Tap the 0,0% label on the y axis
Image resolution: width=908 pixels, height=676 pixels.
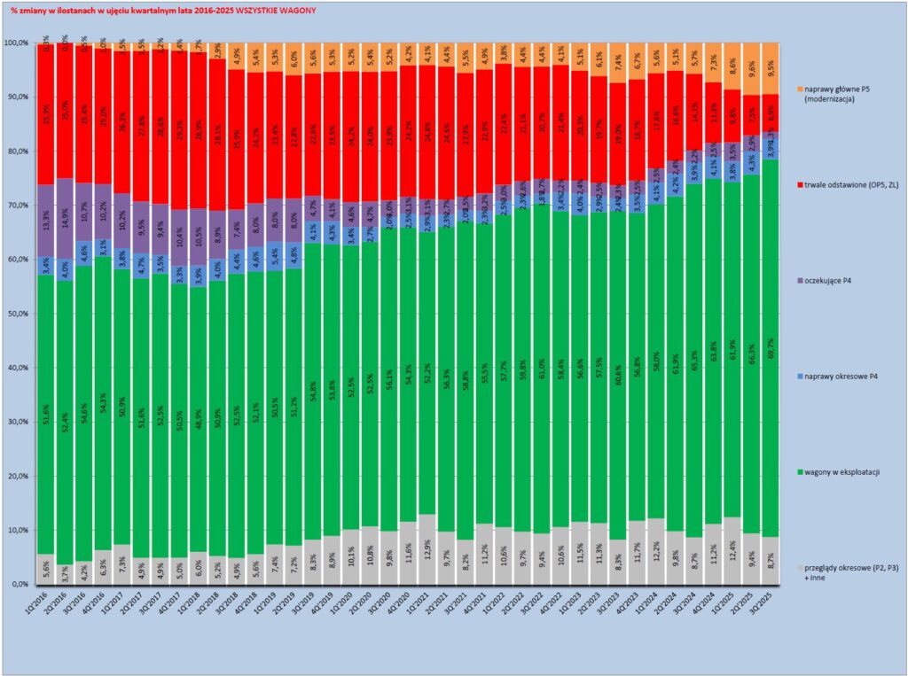(x=19, y=585)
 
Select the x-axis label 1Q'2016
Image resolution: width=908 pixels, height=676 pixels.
(x=44, y=609)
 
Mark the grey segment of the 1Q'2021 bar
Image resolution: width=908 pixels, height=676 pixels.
(x=431, y=549)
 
